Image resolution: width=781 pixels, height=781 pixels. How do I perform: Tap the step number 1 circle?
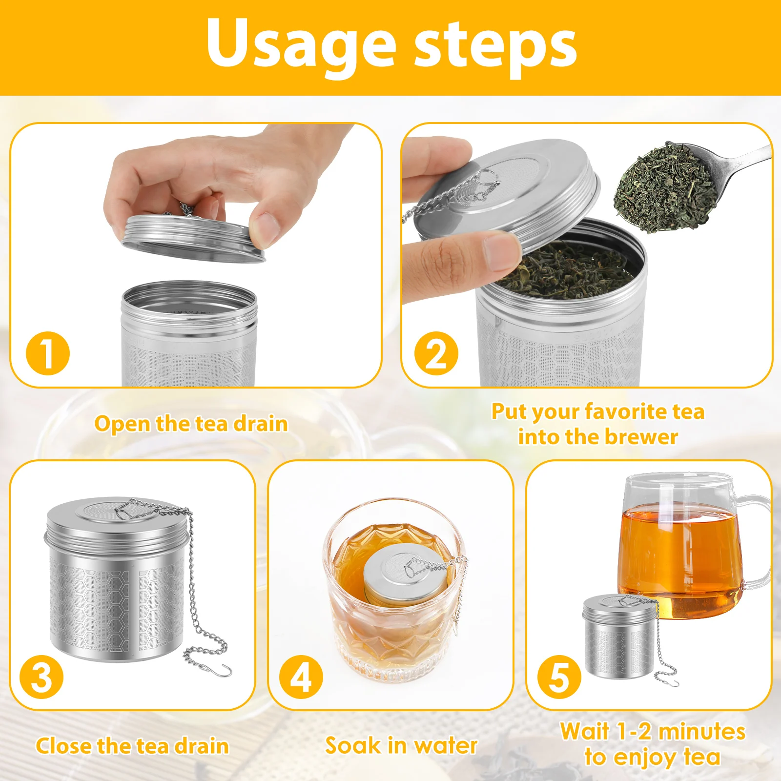click(x=47, y=353)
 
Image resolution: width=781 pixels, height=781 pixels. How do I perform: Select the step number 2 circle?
click(x=436, y=353)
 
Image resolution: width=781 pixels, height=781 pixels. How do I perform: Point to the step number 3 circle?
click(x=41, y=677)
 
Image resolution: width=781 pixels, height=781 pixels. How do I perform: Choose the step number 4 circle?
click(x=301, y=677)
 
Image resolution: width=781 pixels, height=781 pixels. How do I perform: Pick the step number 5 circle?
click(x=559, y=677)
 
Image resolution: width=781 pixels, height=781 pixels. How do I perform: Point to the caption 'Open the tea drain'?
click(x=191, y=424)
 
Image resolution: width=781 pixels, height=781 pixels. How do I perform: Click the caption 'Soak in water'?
click(x=401, y=745)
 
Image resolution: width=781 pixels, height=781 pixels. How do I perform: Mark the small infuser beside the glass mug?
click(x=620, y=636)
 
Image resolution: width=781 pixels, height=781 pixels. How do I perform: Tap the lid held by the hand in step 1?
click(x=193, y=238)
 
